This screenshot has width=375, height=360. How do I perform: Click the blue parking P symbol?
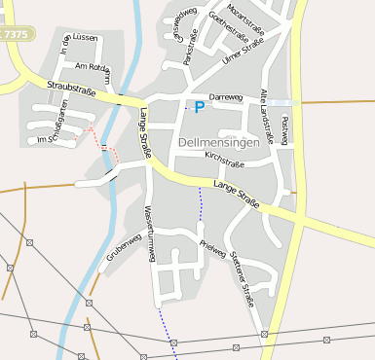(199, 107)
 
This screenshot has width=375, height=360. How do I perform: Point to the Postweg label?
(284, 130)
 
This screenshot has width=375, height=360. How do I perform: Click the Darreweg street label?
(225, 98)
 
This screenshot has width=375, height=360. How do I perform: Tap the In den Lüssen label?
(79, 37)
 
